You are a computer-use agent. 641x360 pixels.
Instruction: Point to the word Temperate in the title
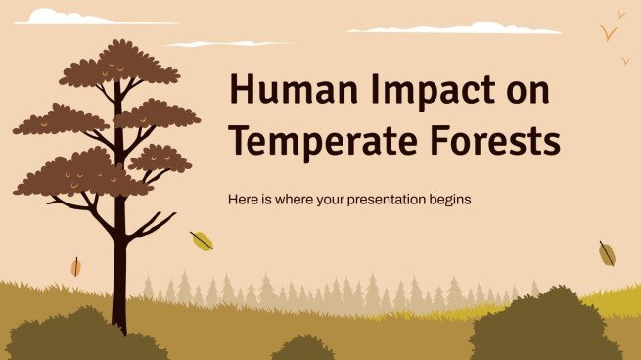tap(316, 142)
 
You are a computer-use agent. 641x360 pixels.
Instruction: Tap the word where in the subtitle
tap(293, 199)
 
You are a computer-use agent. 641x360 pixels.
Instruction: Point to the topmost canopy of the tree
tap(119, 64)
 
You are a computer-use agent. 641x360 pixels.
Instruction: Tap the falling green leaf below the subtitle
tap(202, 241)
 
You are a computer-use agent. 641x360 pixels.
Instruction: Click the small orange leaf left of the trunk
tap(75, 266)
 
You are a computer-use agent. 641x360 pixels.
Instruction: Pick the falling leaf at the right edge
tap(607, 253)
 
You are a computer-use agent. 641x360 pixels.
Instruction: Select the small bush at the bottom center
tap(302, 348)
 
